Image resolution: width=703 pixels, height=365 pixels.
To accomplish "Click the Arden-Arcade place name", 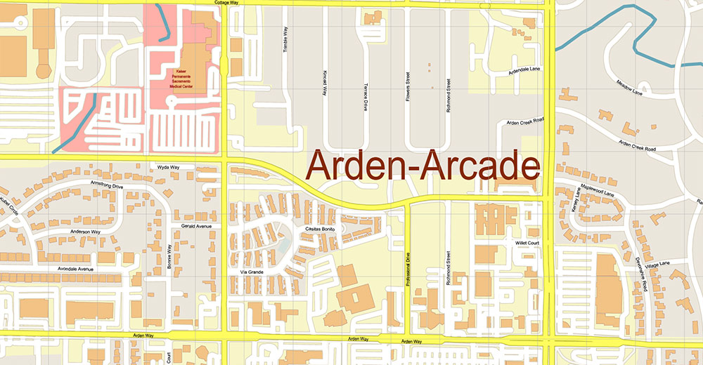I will (424, 167).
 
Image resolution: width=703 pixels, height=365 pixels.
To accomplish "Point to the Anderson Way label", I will (85, 231).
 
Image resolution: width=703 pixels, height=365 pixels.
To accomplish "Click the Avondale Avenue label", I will (76, 269).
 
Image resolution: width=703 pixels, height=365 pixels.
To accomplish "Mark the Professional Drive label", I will (408, 270).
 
